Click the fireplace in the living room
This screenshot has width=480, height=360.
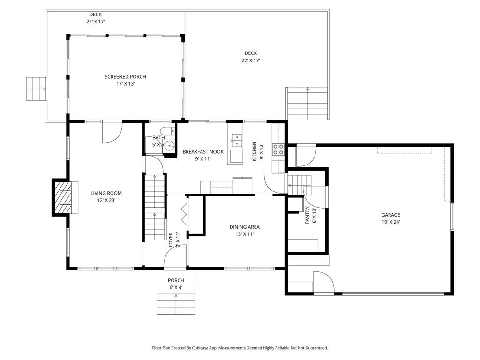(65, 197)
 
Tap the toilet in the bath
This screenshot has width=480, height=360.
(168, 130)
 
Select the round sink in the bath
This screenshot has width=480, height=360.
(169, 146)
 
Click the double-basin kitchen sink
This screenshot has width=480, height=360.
(237, 140)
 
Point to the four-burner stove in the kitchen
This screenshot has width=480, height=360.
(278, 150)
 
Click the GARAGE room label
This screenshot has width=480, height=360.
(390, 215)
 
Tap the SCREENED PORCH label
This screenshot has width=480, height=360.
(126, 77)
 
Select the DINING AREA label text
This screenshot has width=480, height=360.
(245, 227)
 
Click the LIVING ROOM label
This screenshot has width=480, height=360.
(106, 193)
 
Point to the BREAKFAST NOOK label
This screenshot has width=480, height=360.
(203, 152)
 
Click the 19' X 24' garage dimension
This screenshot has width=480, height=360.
(391, 222)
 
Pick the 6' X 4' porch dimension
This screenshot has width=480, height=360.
(176, 288)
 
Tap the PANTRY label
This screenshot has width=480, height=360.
(307, 216)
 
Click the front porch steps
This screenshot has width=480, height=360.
(176, 304)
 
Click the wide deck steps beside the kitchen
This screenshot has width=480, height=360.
(307, 104)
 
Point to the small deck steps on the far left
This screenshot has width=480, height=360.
(36, 89)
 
